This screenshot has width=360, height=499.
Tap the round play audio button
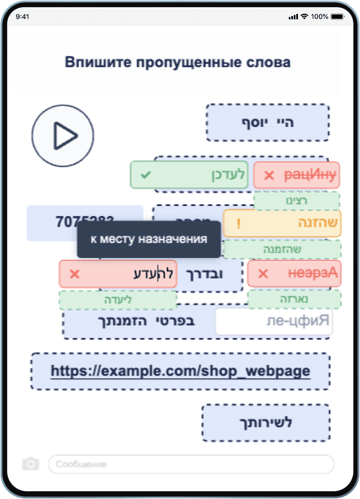click(x=62, y=135)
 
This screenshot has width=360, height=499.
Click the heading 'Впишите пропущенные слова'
click(x=178, y=62)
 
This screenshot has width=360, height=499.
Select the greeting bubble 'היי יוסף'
click(x=268, y=122)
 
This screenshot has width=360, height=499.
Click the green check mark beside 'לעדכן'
click(x=146, y=175)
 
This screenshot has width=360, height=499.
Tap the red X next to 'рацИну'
click(x=269, y=176)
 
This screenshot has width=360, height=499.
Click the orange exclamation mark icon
click(x=239, y=224)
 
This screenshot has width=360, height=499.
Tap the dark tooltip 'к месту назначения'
click(x=148, y=239)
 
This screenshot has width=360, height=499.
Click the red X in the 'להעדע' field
click(x=75, y=274)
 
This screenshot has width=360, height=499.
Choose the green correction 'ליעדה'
click(x=118, y=300)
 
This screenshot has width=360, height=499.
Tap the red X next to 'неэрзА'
click(x=264, y=274)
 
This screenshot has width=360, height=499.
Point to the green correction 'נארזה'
click(x=294, y=299)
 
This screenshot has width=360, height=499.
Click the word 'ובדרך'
click(x=211, y=274)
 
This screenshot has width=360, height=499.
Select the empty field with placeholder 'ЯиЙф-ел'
click(x=274, y=322)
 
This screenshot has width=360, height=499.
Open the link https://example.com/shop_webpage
click(x=180, y=371)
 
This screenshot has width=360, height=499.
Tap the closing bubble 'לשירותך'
click(x=266, y=423)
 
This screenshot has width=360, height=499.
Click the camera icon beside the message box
click(x=31, y=464)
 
